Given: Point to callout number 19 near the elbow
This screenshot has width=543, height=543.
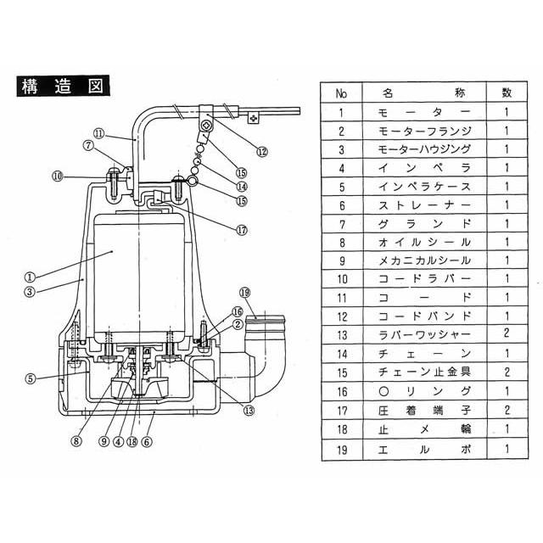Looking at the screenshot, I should click(x=246, y=293).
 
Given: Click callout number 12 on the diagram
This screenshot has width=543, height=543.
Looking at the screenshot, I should click(x=261, y=152).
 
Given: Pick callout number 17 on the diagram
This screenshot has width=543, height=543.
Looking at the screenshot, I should click(x=242, y=228).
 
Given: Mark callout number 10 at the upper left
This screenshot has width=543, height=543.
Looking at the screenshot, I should click(x=58, y=176).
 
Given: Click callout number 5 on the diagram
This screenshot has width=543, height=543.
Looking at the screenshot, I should click(x=31, y=379).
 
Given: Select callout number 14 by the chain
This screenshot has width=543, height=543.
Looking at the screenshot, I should click(x=242, y=187).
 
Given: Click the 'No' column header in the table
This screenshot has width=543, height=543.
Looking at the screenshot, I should click(x=341, y=92).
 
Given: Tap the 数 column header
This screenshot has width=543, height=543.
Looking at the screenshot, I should click(x=506, y=92).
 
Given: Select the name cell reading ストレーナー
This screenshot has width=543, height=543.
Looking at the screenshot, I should click(x=422, y=204).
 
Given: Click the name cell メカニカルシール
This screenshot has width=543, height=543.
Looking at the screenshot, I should click(x=422, y=260).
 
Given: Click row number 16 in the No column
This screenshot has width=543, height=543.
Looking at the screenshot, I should click(x=341, y=392).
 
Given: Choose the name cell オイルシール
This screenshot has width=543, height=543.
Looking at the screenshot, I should click(x=422, y=242).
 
